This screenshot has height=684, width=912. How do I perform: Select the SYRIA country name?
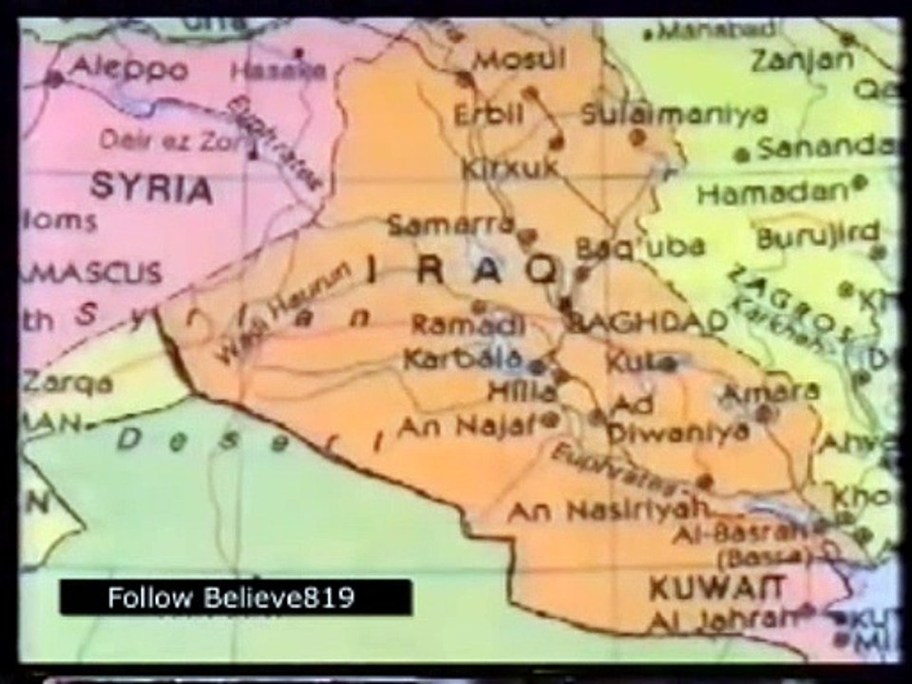151,188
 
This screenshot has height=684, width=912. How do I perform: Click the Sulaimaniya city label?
674,114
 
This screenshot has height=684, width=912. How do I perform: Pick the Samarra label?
450,226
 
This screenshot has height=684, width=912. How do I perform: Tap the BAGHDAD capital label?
647,322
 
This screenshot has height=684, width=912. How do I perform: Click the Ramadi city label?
467,325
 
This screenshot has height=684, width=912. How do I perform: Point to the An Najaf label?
466,427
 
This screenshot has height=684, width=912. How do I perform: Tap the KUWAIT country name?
716,588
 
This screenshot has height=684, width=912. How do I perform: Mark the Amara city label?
770,390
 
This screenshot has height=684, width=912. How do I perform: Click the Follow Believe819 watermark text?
231,598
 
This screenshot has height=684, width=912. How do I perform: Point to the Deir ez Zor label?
172,141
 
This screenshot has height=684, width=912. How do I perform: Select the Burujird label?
818,233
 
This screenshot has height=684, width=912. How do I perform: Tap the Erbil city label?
488,114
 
